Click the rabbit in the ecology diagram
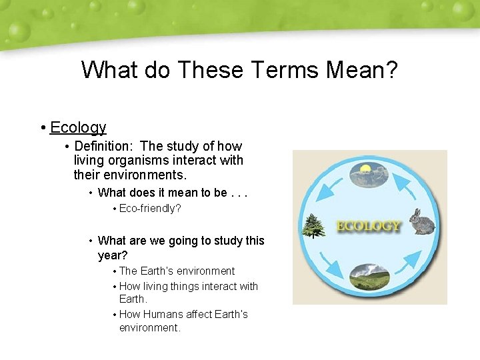(421, 223)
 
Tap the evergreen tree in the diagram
(313, 225)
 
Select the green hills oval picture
(369, 277)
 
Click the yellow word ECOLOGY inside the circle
(369, 226)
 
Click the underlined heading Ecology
(78, 127)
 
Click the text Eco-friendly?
(150, 209)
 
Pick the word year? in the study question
(113, 255)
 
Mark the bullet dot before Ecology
(42, 128)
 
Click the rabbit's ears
(416, 213)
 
